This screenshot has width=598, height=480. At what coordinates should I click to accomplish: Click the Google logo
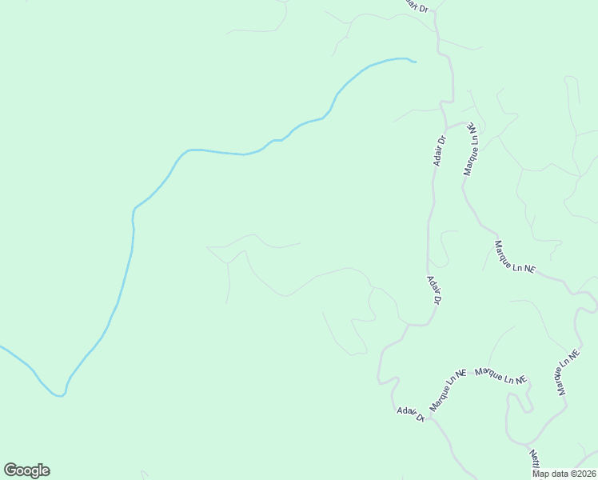pos(26,470)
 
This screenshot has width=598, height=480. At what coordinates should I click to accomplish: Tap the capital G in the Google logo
pos(10,470)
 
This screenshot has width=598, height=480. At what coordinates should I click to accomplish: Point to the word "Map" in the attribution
pos(540,474)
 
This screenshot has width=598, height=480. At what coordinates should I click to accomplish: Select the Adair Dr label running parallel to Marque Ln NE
pos(438,150)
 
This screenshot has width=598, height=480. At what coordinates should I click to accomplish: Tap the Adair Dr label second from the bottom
pos(434,290)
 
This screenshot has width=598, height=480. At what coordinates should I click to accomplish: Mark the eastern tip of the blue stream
pos(416,62)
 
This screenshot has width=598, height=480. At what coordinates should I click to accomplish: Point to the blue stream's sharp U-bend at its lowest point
pos(58,394)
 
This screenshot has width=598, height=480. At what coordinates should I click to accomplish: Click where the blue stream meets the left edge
pos(1,346)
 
